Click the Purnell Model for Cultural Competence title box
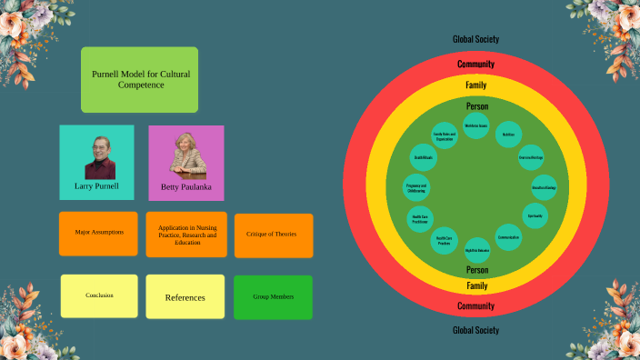139,79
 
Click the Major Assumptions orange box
98,233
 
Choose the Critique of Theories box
273,235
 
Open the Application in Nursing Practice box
186,235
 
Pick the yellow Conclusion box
99,295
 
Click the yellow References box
185,297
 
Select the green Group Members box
273,296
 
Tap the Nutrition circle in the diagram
508,134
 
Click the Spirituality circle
535,215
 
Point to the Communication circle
509,237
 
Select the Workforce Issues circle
476,125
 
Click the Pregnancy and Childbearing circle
416,188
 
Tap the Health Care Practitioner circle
420,219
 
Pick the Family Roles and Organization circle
445,135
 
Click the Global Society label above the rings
476,39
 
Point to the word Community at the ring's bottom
476,306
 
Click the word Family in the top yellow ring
476,85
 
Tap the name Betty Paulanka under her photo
186,187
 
